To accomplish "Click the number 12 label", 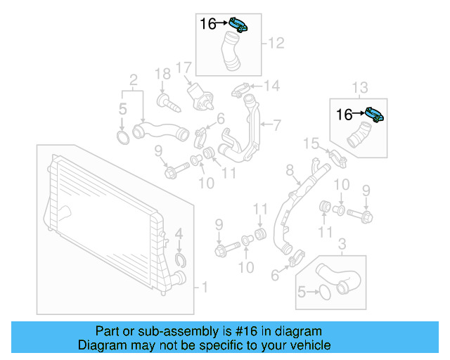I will (x=276, y=44).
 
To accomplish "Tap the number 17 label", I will (x=184, y=68).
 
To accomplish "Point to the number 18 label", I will (x=162, y=74).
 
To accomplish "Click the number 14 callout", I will (x=271, y=86).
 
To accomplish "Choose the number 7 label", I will (x=276, y=126).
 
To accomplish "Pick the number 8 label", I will (x=288, y=170).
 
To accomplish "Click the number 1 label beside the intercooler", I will (x=205, y=287).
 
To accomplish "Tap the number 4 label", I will (x=179, y=233).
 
